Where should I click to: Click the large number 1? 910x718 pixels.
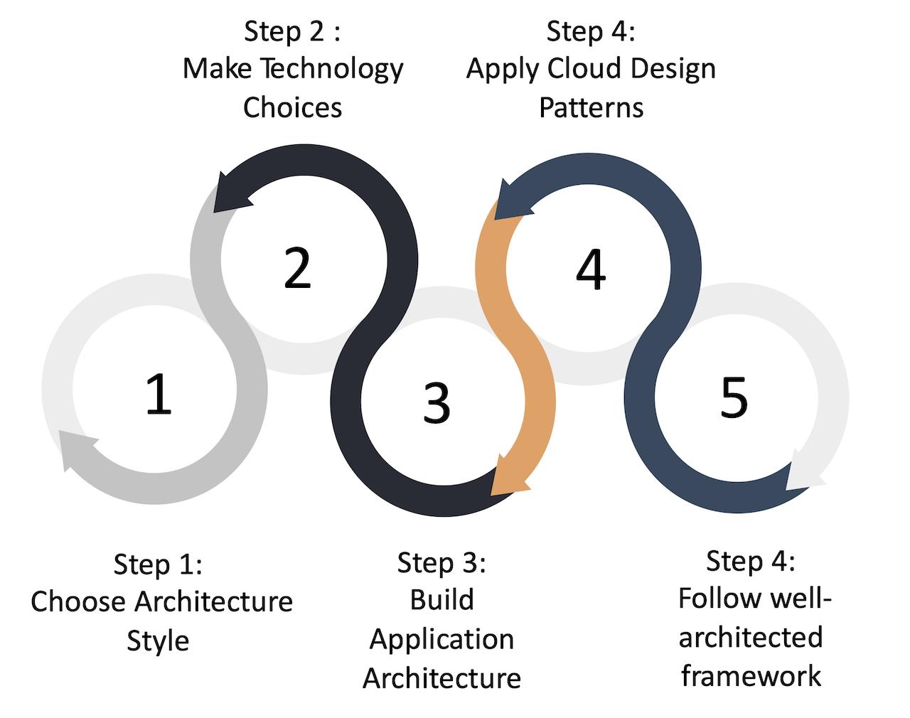pyautogui.click(x=159, y=394)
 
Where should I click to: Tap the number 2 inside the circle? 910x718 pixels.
pyautogui.click(x=297, y=269)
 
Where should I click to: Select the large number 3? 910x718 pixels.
pyautogui.click(x=437, y=402)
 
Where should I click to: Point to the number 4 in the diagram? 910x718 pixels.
pyautogui.click(x=591, y=270)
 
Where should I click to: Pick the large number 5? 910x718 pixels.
pyautogui.click(x=734, y=397)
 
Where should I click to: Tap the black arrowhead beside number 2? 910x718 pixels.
pyautogui.click(x=231, y=194)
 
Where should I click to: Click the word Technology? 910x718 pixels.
pyautogui.click(x=331, y=69)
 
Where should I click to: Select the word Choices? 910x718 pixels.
pyautogui.click(x=292, y=107)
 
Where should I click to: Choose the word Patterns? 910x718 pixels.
pyautogui.click(x=591, y=107)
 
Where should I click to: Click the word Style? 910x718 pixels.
pyautogui.click(x=158, y=641)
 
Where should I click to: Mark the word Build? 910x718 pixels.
pyautogui.click(x=441, y=600)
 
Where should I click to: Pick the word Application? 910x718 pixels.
pyautogui.click(x=441, y=639)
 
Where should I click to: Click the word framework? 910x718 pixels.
pyautogui.click(x=751, y=675)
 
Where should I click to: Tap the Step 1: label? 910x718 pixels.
pyautogui.click(x=158, y=564)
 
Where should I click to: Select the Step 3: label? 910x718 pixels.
pyautogui.click(x=441, y=562)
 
